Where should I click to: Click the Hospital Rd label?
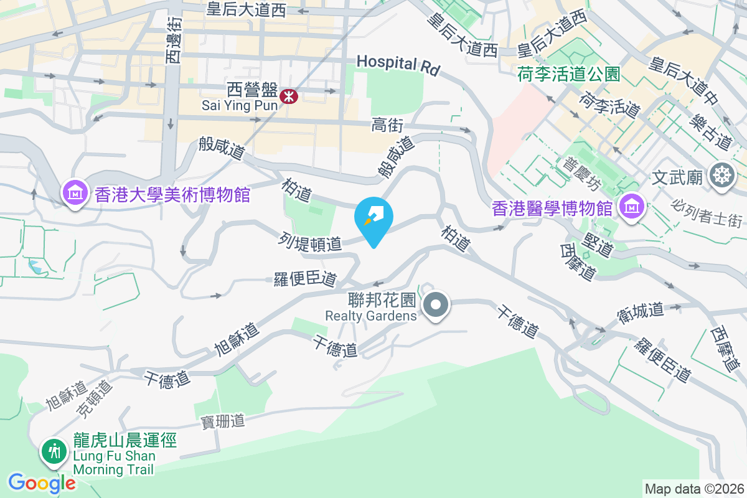[398, 63]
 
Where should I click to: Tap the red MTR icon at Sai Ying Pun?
[289, 96]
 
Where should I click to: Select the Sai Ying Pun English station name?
[240, 106]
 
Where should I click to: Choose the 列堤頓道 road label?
[311, 242]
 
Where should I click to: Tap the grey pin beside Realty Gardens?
[436, 305]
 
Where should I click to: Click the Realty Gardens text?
[370, 316]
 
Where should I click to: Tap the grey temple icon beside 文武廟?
[721, 176]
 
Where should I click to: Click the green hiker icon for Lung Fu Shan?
[54, 451]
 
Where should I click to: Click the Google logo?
[42, 483]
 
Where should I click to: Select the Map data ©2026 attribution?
[693, 489]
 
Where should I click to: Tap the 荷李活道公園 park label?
[568, 75]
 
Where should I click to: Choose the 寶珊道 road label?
[222, 421]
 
